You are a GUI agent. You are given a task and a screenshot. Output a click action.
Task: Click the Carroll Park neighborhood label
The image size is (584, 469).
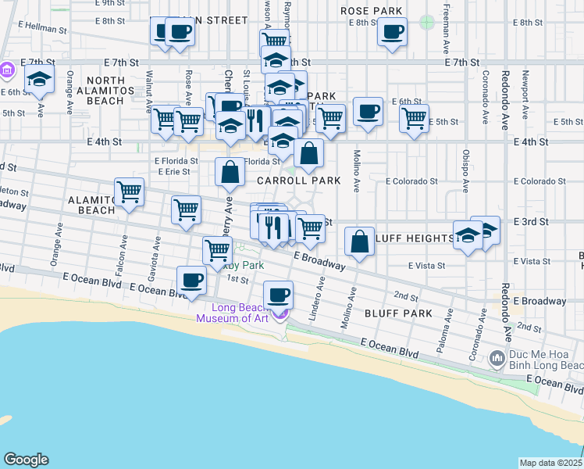click(299, 181)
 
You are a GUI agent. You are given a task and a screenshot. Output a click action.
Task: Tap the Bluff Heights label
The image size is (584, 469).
click(414, 238)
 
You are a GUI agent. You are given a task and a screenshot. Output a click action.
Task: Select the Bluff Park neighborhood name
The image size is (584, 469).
click(398, 313)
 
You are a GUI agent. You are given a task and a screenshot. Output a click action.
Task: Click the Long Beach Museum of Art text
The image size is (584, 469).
click(232, 313)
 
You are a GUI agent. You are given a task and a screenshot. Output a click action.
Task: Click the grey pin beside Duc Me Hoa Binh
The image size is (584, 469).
click(497, 360)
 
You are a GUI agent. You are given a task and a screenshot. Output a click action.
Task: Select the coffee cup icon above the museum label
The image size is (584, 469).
click(278, 295)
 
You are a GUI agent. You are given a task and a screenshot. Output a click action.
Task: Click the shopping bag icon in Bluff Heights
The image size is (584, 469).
click(359, 242)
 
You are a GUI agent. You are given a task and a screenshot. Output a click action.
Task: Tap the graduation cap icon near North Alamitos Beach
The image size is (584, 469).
click(39, 79)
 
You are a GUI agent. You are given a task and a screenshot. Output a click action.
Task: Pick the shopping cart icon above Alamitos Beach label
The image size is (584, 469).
click(129, 192)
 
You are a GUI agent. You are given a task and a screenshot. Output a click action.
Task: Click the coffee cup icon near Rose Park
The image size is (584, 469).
click(391, 32)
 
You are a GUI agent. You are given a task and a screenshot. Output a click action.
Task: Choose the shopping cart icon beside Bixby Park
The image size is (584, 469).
click(217, 250)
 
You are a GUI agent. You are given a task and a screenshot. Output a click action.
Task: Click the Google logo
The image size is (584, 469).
click(26, 459)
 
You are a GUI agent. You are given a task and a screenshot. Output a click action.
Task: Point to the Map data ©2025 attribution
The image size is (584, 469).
click(550, 463)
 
